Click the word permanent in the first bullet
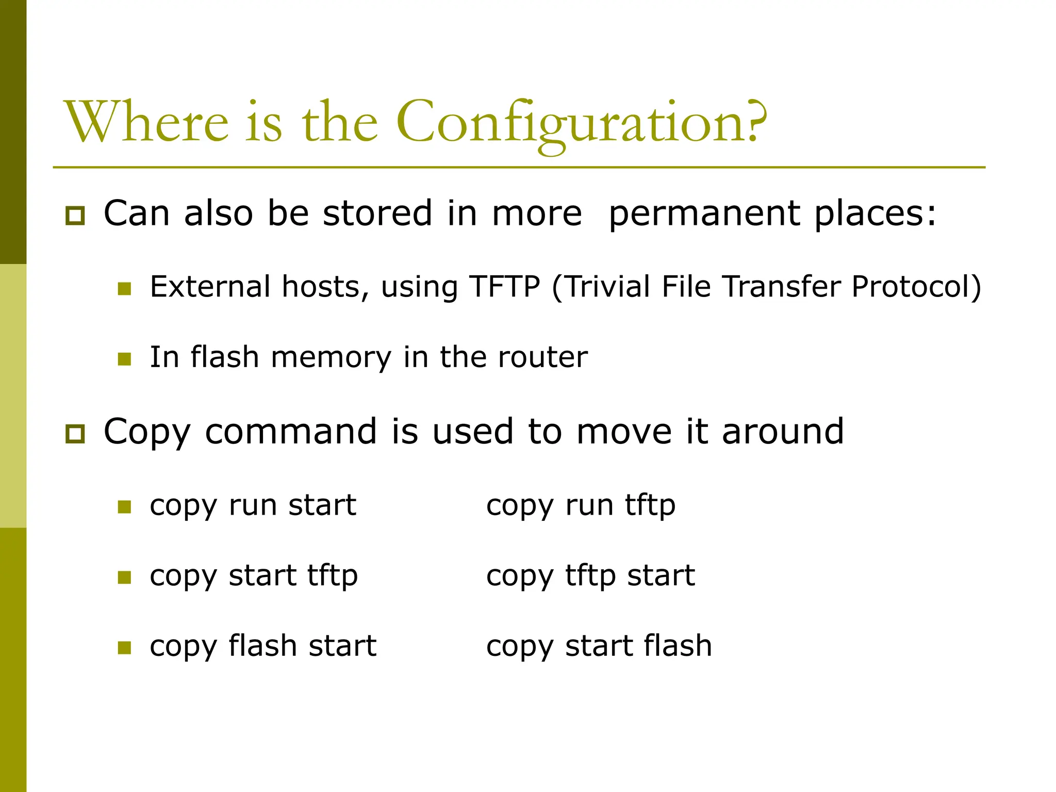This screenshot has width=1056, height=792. pos(704,213)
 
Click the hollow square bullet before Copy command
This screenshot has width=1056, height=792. pos(75,434)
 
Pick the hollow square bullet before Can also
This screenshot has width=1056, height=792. pos(75,216)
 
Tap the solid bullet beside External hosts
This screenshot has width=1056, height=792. pos(124,289)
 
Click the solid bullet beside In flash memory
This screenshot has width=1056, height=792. pos(124,359)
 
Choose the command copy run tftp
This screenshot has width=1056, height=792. pos(581,505)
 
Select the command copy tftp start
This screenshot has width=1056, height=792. pos(590,575)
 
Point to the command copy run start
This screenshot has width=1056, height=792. pos(253,505)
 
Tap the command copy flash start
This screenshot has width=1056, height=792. pos(263,646)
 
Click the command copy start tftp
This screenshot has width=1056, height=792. pos(254,575)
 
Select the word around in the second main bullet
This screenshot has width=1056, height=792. pos(783,431)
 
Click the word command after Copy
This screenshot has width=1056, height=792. pos(291,431)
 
